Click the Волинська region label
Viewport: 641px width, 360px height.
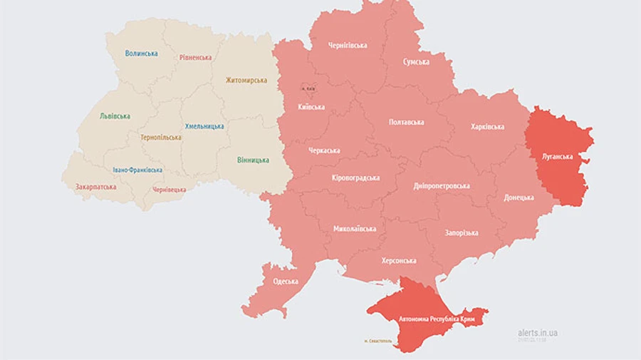tap(141, 53)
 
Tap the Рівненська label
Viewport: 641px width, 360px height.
tap(194, 57)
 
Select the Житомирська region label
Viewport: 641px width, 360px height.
tap(246, 80)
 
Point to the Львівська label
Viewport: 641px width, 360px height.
tap(115, 115)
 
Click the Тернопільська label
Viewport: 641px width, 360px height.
tap(160, 137)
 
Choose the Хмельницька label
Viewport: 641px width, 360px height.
tap(204, 126)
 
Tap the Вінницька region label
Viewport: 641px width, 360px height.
tap(253, 160)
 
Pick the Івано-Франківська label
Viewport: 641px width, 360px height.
tap(137, 170)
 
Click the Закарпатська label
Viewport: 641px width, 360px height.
tap(96, 187)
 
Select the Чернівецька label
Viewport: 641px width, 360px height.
tap(169, 190)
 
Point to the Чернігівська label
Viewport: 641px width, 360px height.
tap(348, 45)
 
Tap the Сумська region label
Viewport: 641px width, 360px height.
tap(416, 62)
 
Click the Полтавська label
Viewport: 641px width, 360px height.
tap(407, 122)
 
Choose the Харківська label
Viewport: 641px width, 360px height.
tap(487, 127)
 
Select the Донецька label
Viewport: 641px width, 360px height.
tap(518, 197)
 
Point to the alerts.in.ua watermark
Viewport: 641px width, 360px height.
tap(538, 332)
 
